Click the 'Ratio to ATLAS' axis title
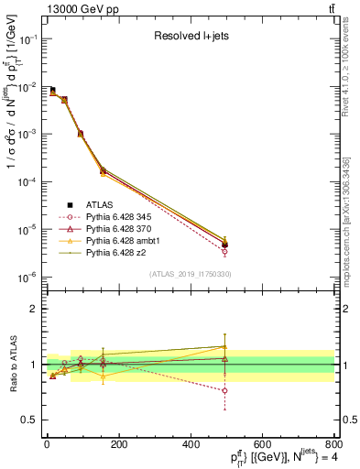coord(13,365)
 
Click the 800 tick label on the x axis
coord(333,445)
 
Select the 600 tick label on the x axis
coord(261,445)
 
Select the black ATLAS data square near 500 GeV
coord(225,245)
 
